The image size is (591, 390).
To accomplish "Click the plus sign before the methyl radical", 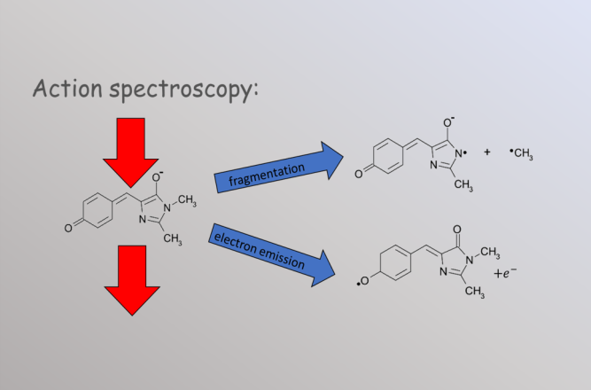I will (x=487, y=152).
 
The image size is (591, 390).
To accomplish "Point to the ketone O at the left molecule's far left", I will (x=68, y=228).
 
